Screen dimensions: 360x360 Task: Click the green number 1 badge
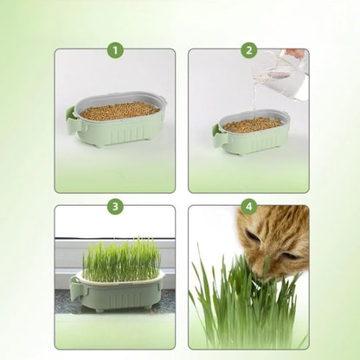click(115, 50)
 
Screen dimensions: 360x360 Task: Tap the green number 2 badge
click(248, 50)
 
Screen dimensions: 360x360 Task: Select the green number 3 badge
click(115, 207)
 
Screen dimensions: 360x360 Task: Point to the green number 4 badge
click(248, 207)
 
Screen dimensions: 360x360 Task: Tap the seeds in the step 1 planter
click(120, 110)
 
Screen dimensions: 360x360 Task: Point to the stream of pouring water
click(256, 100)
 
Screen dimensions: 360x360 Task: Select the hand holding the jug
click(297, 55)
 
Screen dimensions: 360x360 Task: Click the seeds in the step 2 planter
click(252, 125)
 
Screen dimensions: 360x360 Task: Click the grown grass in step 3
click(120, 257)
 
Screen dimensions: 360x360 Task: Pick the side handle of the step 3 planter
click(75, 288)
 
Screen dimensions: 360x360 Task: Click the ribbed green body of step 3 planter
click(121, 294)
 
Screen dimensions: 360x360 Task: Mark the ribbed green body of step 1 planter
click(121, 130)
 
